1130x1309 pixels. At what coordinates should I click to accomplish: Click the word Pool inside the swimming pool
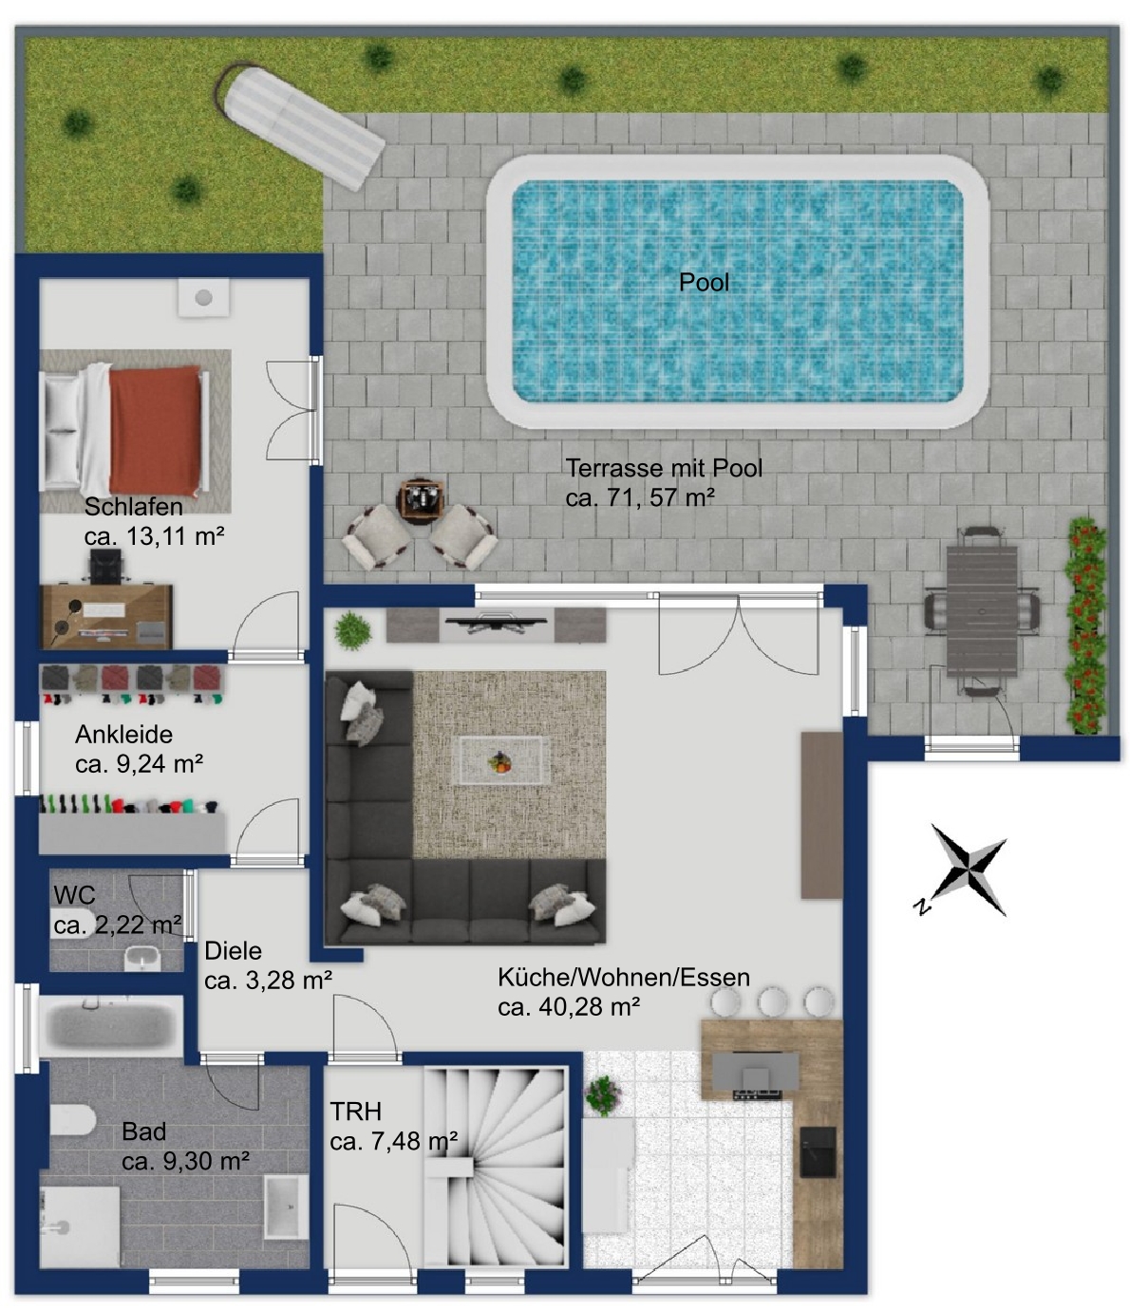tap(704, 283)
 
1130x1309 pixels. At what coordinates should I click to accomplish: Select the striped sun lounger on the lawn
tap(300, 124)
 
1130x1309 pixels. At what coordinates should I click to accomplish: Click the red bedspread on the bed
tap(156, 430)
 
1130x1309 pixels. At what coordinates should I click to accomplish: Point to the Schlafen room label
tap(134, 507)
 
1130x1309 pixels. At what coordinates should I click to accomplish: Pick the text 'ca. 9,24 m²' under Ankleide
tap(139, 764)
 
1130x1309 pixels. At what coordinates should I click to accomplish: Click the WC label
tap(75, 895)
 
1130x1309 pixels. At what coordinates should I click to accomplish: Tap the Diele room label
tap(233, 950)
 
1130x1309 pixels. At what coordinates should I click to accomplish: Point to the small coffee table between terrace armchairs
tap(421, 501)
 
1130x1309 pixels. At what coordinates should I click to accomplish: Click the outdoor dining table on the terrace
tap(982, 611)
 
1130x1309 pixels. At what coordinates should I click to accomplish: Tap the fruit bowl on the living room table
tap(499, 761)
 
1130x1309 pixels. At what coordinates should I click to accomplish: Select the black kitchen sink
tap(818, 1152)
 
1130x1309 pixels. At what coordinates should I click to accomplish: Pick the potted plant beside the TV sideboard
tap(352, 629)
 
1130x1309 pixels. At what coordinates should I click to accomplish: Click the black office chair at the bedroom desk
tap(105, 566)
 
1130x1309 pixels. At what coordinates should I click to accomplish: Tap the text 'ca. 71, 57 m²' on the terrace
tap(640, 497)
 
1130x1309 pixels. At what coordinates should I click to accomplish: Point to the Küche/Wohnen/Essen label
tap(623, 977)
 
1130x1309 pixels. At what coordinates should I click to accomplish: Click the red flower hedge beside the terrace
tap(1085, 626)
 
